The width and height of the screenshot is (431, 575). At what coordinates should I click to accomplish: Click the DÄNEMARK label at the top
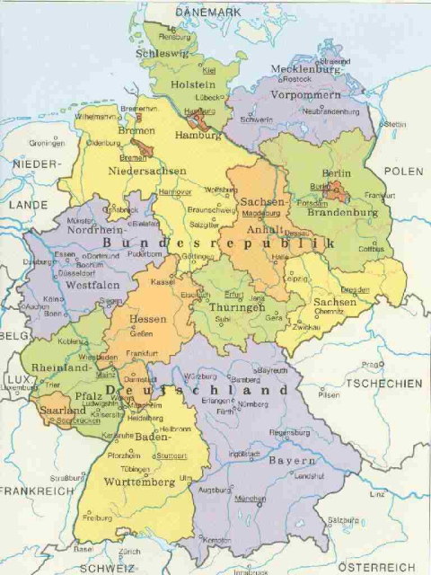pyautogui.click(x=208, y=11)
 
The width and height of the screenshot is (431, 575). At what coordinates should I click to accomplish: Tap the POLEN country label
pyautogui.click(x=402, y=171)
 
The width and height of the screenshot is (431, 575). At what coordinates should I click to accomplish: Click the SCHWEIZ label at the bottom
pyautogui.click(x=106, y=568)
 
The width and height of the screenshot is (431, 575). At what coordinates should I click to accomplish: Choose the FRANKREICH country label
pyautogui.click(x=35, y=491)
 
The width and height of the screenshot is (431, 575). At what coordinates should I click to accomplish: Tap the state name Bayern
pyautogui.click(x=292, y=460)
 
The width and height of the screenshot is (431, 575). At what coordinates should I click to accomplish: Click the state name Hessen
pyautogui.click(x=148, y=318)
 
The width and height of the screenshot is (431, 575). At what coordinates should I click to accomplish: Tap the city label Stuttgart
pyautogui.click(x=171, y=455)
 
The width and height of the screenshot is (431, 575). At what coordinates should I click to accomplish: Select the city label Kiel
pyautogui.click(x=210, y=69)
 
